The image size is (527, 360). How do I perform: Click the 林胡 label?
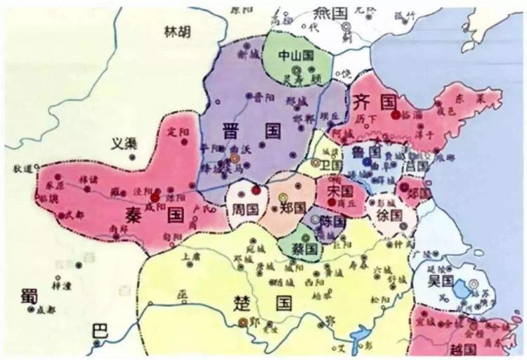click(x=176, y=32)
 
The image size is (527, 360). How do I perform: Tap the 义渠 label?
click(x=124, y=143)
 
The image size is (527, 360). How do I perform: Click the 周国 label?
click(x=241, y=208)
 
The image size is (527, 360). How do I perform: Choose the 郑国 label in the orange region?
click(x=292, y=208)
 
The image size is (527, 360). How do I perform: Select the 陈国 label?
click(x=331, y=221)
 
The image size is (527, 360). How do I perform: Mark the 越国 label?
click(x=464, y=349)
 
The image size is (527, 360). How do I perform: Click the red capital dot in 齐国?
click(x=396, y=113)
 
